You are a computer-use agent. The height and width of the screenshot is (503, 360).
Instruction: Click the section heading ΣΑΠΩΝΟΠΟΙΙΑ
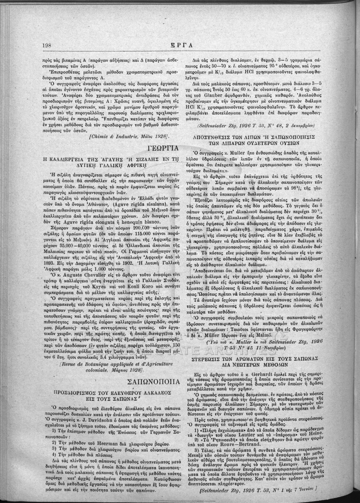[x=155, y=382]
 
